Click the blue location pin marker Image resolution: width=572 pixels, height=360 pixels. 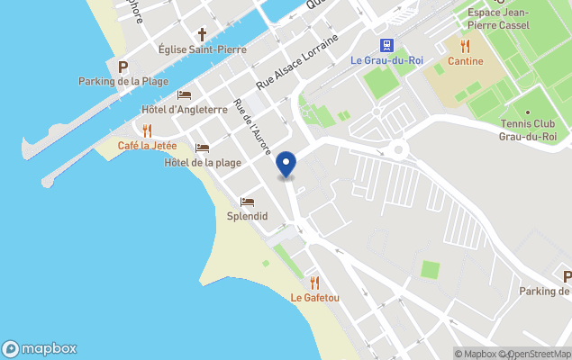point(286,165)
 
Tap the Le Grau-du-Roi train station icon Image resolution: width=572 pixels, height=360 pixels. point(386,45)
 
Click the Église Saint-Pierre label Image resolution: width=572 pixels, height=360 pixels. point(202,49)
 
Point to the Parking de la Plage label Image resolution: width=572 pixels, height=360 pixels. point(123,82)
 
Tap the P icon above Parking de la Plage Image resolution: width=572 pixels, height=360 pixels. point(123,67)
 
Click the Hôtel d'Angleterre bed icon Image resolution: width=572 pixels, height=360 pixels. point(185,94)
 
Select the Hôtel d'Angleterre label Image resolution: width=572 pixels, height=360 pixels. point(185,110)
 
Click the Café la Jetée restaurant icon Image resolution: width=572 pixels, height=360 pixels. point(147,130)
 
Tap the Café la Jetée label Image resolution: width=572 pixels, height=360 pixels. point(147,146)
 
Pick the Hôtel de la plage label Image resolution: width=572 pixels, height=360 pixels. point(203,163)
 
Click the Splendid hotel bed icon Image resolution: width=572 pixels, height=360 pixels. point(247,202)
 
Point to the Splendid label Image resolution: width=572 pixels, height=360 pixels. point(247,217)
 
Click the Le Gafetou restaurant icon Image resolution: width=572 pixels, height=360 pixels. point(314,283)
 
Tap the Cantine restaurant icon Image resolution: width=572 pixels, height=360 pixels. point(465,46)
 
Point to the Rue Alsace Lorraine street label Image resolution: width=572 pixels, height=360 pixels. point(297,61)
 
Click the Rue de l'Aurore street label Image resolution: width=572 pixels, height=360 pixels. point(251,127)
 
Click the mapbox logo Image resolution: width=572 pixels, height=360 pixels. point(40,348)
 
